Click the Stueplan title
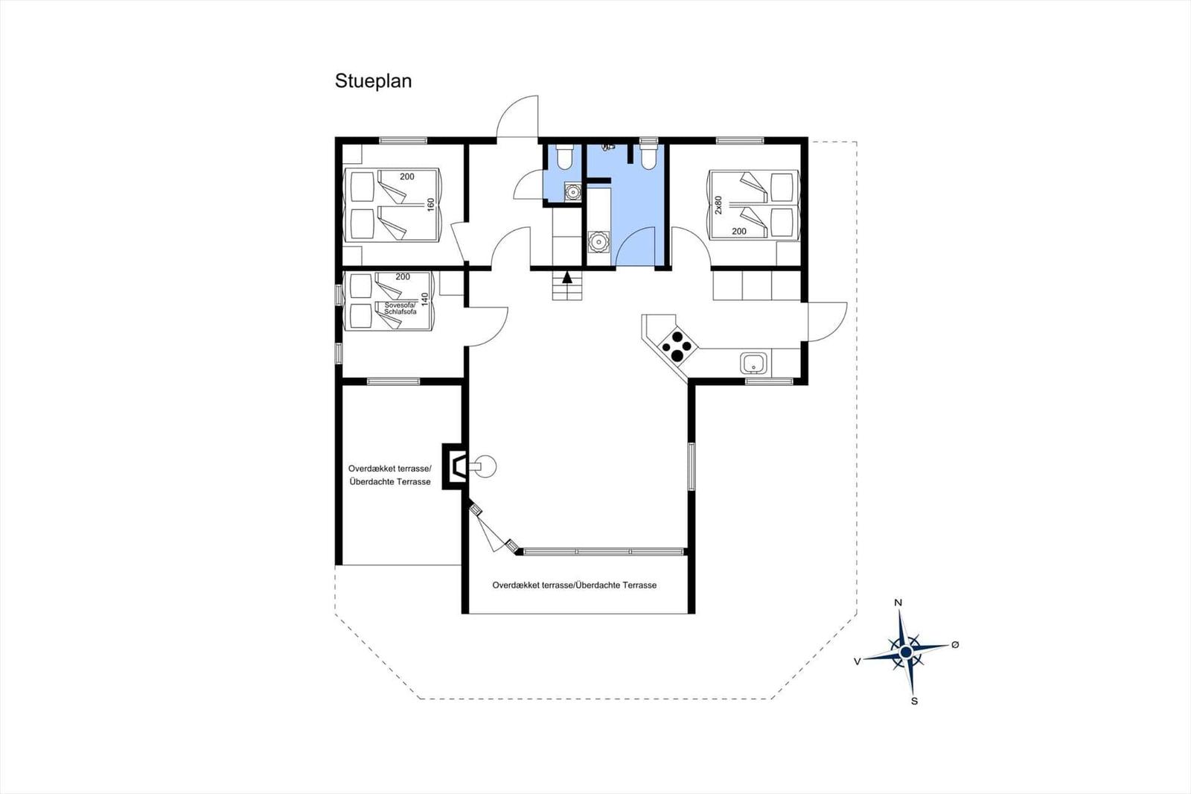pos(373,81)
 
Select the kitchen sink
pos(754,364)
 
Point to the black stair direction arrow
pos(567,279)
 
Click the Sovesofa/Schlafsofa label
pos(400,308)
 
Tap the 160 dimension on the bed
pos(430,205)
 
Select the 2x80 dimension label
pos(718,205)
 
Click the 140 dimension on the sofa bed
pos(425,299)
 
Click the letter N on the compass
pos(898,603)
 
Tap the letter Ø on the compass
pos(955,644)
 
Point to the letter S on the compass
pos(914,701)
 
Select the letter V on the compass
pos(857,661)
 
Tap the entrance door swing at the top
pos(518,118)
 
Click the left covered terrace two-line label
pos(390,475)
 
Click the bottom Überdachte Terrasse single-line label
pos(574,585)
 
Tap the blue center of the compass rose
pos(906,652)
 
